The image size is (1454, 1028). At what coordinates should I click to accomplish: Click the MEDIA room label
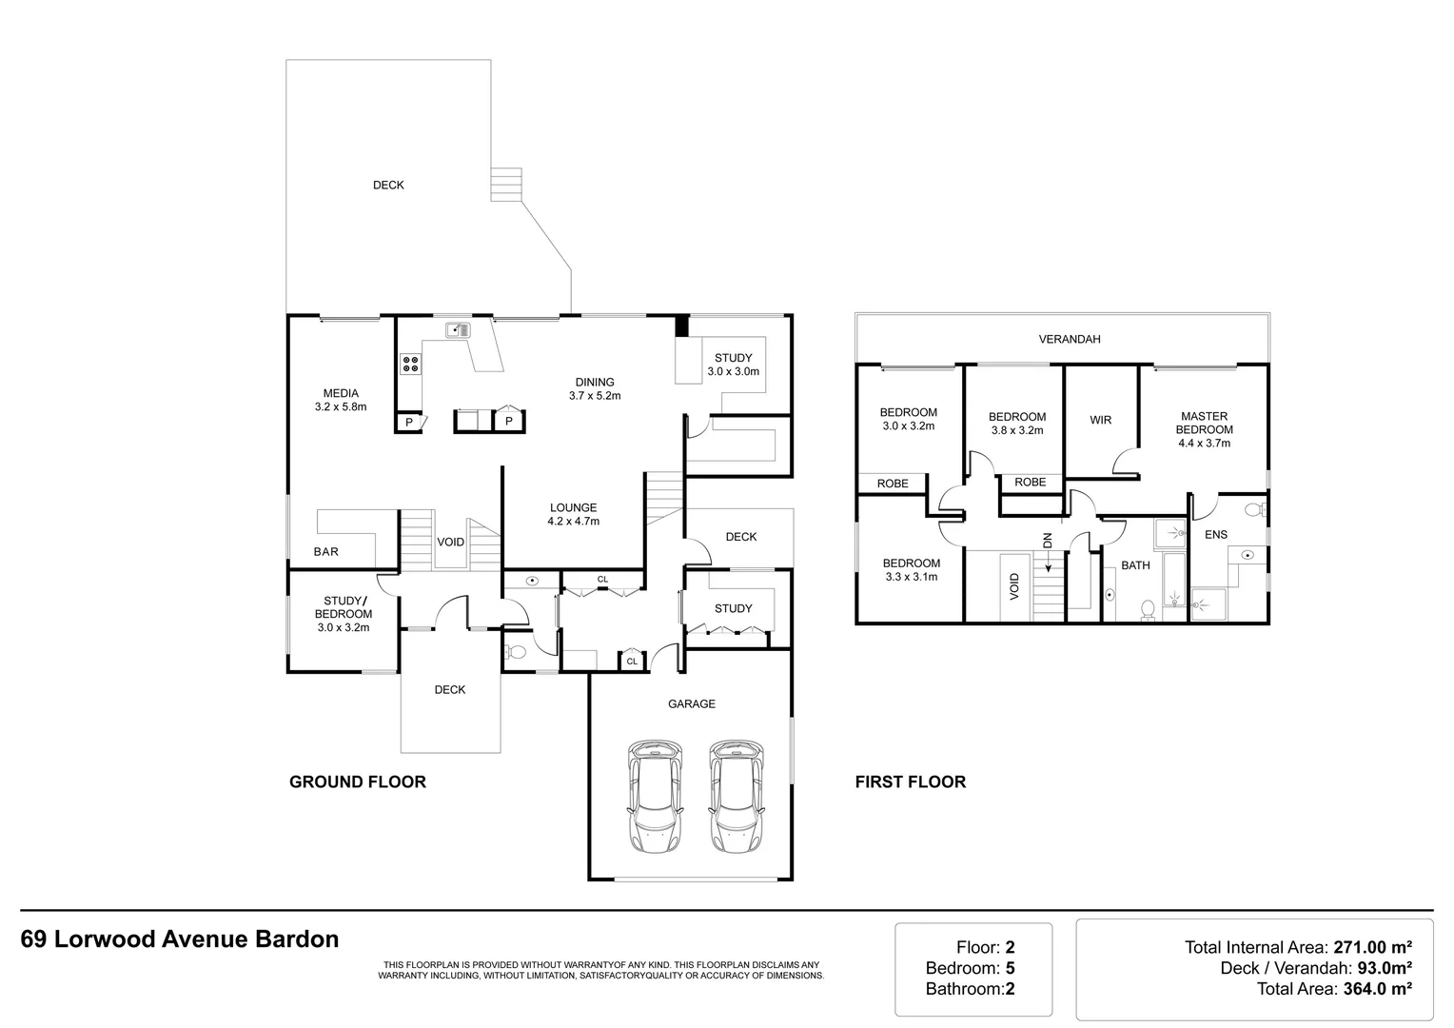[x=341, y=393]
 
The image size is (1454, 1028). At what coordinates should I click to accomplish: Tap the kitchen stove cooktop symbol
[x=410, y=364]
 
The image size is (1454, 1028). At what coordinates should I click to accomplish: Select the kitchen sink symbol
[x=458, y=330]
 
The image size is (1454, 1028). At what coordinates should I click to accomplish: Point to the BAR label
[x=325, y=551]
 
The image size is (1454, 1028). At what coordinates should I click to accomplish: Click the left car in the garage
[x=655, y=796]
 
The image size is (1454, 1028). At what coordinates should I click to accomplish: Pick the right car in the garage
[x=737, y=796]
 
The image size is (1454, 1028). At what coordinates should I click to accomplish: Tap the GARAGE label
[x=692, y=703]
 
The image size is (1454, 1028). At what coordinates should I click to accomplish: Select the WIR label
[x=1101, y=420]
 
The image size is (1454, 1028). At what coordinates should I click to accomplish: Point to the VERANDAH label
[x=1070, y=339]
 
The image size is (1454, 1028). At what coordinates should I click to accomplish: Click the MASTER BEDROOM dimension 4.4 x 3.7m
[x=1205, y=443]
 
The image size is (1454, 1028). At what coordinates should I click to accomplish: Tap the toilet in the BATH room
[x=1148, y=610]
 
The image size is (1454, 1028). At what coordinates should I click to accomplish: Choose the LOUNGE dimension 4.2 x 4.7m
[x=574, y=521]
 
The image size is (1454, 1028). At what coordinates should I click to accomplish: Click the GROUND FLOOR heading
[x=358, y=781]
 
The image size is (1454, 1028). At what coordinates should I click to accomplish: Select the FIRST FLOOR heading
[x=911, y=781]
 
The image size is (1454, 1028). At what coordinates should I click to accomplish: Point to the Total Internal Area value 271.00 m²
[x=1373, y=947]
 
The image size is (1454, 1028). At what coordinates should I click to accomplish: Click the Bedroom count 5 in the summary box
[x=1010, y=968]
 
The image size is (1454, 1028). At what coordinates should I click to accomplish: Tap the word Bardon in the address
[x=297, y=939]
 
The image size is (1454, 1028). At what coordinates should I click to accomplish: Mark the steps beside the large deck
[x=506, y=185]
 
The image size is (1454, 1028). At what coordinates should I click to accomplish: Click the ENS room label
[x=1216, y=534]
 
